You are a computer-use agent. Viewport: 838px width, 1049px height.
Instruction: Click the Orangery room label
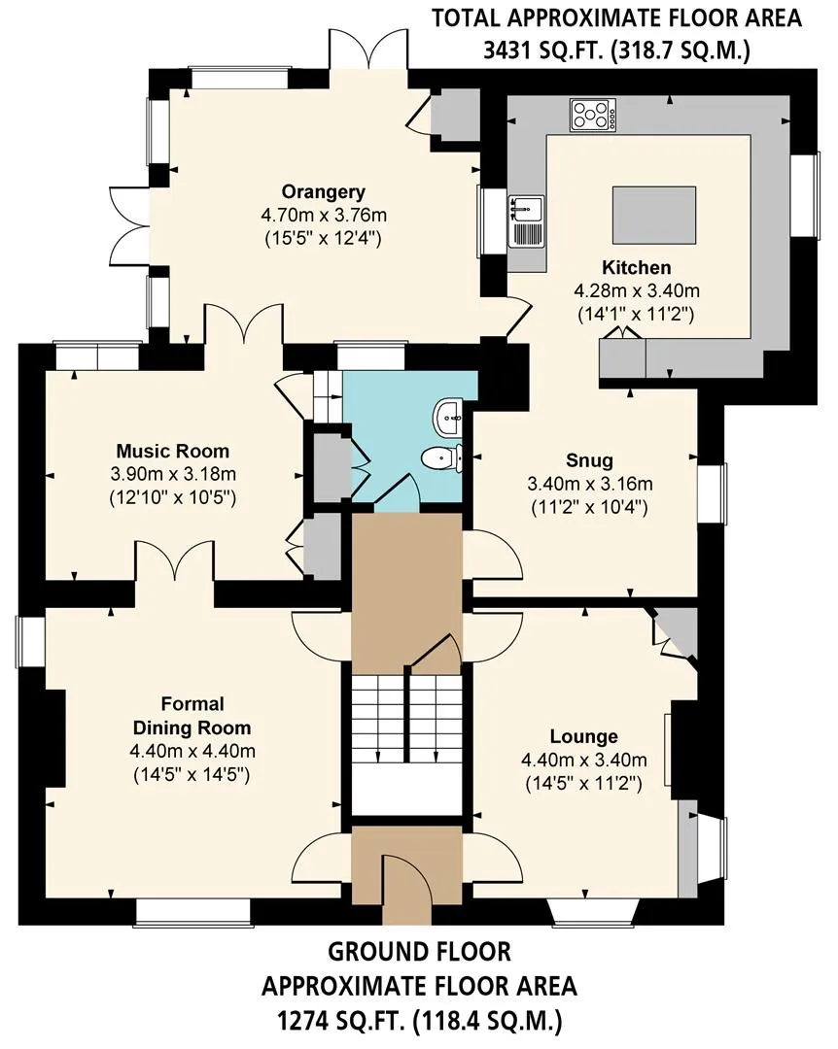point(323,192)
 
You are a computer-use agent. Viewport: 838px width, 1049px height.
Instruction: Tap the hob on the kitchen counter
point(593,115)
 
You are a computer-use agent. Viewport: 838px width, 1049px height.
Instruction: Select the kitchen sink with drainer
point(526,220)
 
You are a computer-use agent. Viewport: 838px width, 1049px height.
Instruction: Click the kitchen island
point(654,215)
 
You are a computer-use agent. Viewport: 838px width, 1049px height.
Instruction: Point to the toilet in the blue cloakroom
point(442,457)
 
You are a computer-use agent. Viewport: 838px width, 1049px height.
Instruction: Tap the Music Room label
point(173,451)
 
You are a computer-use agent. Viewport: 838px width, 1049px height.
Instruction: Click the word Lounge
point(583,736)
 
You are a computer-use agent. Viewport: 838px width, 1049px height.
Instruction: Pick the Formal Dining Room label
point(192,716)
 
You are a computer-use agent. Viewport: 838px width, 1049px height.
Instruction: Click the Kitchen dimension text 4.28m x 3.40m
point(637,291)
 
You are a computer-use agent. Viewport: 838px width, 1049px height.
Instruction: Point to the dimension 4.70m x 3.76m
point(324,216)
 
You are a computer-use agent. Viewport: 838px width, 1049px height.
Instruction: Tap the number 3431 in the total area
point(509,51)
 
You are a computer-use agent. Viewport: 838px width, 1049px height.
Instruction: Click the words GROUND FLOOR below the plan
point(419,951)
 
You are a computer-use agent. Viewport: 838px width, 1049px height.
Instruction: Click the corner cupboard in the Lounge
point(676,632)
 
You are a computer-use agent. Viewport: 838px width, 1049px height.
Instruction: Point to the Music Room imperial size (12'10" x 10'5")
point(173,498)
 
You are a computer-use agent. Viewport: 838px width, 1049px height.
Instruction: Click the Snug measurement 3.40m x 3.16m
point(589,484)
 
